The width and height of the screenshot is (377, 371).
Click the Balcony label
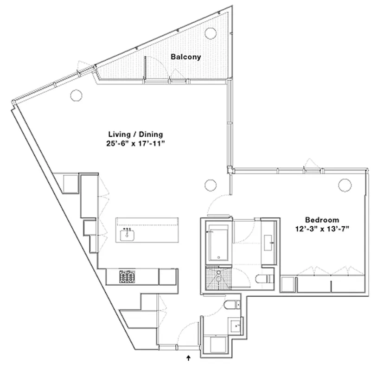click(x=185, y=57)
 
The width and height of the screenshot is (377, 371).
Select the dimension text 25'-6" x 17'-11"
click(x=135, y=144)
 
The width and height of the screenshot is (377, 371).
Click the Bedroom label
click(x=322, y=219)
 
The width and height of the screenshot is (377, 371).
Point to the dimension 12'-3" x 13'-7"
click(x=322, y=228)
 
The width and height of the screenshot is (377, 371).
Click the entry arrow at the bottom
click(x=189, y=358)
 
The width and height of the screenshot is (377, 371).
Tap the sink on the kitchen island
click(x=127, y=235)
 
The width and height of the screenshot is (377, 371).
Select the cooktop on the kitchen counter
click(x=128, y=277)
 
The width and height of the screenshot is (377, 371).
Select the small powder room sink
click(x=237, y=326)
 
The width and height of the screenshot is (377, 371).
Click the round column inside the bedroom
click(x=344, y=185)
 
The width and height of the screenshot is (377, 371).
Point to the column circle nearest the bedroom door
click(x=210, y=185)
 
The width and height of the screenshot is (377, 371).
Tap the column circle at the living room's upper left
click(x=76, y=96)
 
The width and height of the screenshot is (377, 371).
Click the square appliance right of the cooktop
click(x=167, y=277)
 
